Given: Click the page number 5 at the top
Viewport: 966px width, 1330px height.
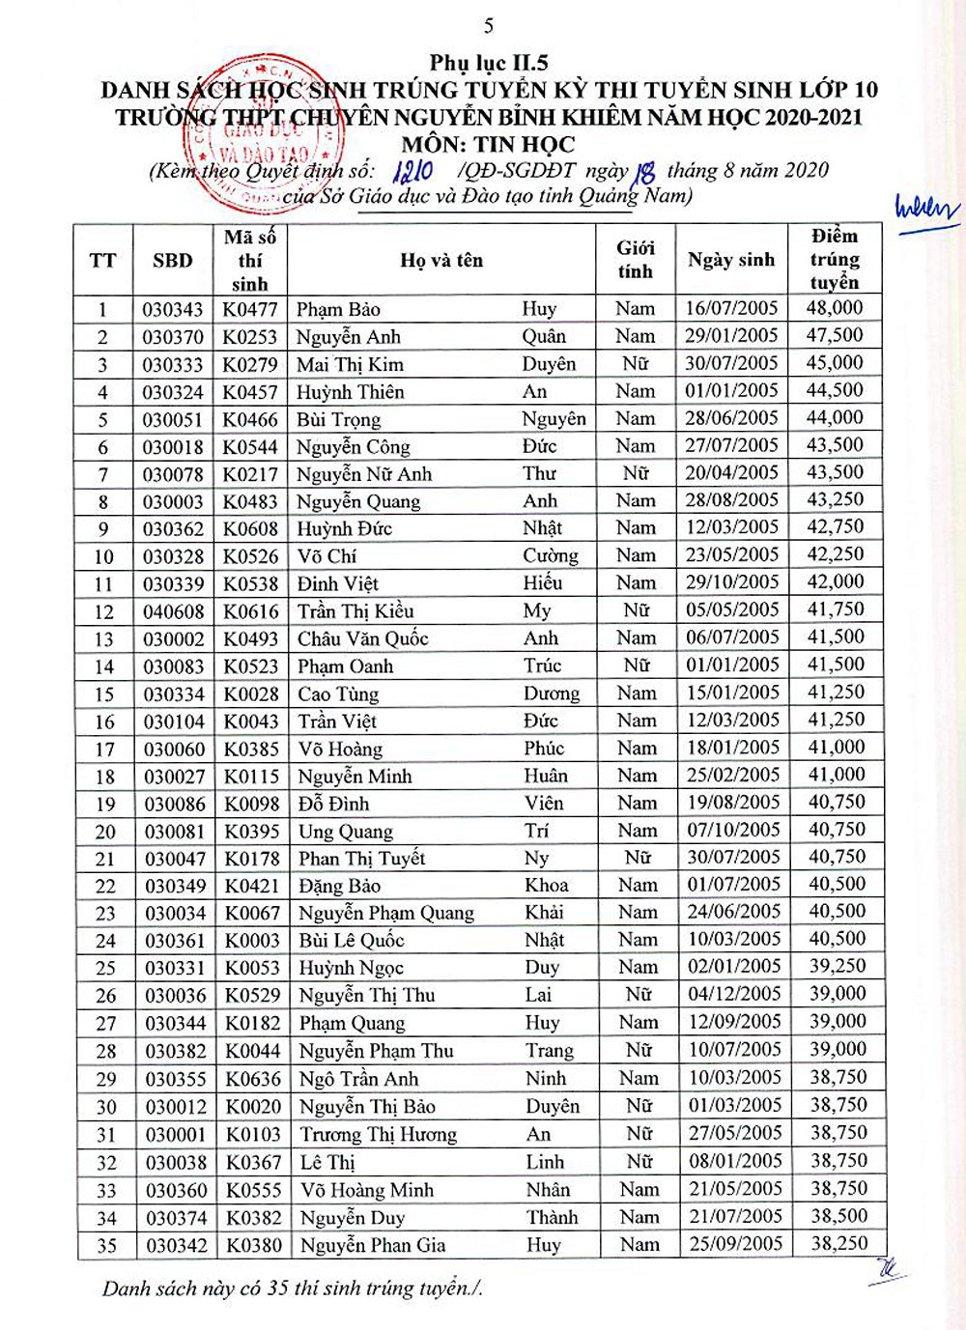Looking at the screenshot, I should coord(488,26).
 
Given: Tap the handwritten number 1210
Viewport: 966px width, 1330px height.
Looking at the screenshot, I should coord(413,172).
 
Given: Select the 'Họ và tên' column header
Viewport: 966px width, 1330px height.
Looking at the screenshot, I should coord(441,260).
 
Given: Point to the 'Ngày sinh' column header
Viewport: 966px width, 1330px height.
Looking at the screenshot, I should coord(731,260).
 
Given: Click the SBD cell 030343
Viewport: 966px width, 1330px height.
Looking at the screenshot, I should coord(173,310).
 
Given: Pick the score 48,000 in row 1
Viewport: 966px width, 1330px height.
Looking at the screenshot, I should coord(835,308).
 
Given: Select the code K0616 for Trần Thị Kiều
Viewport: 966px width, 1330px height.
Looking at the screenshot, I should coord(251,611).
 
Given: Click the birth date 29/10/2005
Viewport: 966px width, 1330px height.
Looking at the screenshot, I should coord(731,582).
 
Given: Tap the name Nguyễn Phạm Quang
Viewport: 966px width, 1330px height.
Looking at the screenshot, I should coord(386,913).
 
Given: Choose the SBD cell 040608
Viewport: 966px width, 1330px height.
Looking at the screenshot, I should coord(174,611).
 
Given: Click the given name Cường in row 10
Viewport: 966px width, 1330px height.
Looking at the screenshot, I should coord(551,555).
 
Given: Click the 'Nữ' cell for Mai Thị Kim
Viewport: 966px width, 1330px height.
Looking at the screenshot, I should coord(636,363).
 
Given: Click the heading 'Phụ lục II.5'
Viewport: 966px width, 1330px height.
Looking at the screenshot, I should coord(489,63).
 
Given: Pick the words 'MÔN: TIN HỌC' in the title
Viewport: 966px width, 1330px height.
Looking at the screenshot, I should coord(488,145).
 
